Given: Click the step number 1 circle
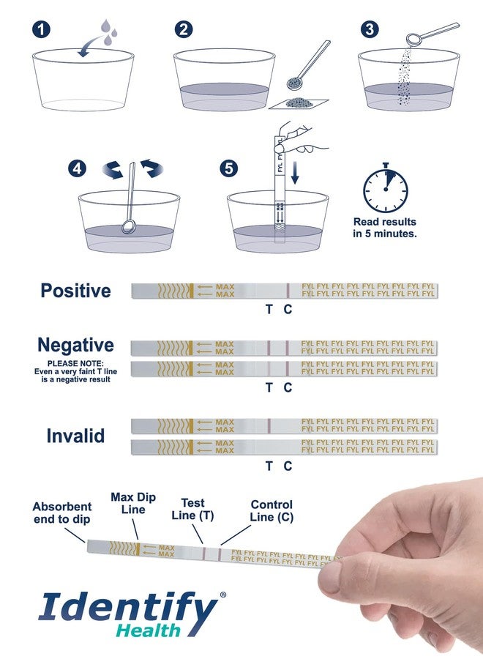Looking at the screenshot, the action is pos(41,29).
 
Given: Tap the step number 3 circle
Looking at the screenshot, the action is pos(370,29).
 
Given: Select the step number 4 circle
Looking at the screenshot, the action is pos(78,169).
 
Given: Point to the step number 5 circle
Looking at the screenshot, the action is pos(229,169).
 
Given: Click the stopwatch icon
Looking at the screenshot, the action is pos(385,188).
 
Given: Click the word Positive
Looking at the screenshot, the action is pos(75,291).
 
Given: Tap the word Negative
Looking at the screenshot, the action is pos(75,345).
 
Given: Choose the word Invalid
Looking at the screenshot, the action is pos(75,436).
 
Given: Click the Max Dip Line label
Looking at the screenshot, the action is pos(133,503).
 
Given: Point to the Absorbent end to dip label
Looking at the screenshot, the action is pos(62,513).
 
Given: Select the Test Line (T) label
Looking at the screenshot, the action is pos(192,509).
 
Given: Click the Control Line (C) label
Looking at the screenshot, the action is pos(272,510).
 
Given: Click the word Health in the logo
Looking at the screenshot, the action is pos(148,631).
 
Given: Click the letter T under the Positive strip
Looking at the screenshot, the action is pos(269,309).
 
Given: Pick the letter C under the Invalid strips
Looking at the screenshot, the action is pos(288,466).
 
